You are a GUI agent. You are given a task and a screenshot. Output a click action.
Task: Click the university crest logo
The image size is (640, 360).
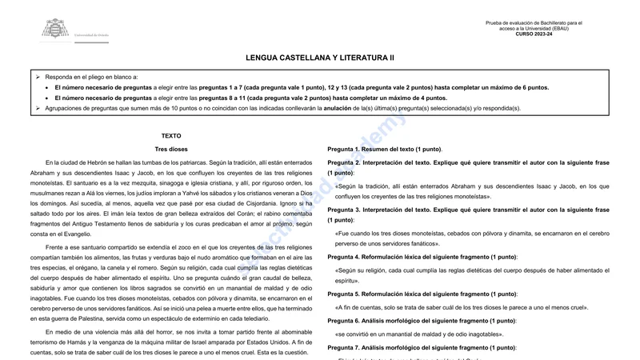55,30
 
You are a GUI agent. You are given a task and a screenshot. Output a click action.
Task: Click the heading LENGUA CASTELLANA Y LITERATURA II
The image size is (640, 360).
320,58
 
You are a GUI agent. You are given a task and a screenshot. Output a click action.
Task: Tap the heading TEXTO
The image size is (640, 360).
171,136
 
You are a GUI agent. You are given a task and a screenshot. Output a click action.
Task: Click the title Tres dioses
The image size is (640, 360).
171,150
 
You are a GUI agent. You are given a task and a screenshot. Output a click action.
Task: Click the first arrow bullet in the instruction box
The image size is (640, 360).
38,76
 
